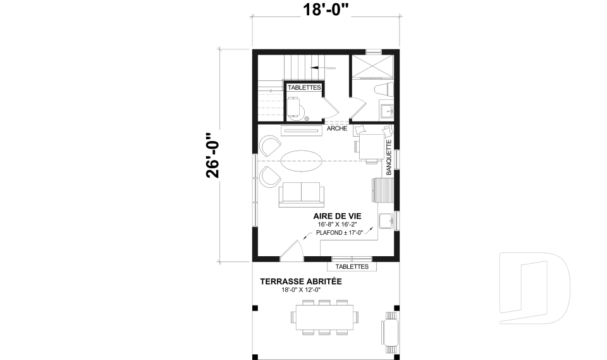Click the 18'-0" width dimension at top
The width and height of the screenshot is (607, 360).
click(326, 9)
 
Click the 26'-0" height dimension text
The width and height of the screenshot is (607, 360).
click(213, 156)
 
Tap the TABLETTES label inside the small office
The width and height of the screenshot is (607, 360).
click(304, 87)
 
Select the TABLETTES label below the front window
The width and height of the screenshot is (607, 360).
click(352, 266)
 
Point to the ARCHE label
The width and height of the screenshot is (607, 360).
click(337, 128)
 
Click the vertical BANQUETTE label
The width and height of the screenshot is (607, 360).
click(389, 158)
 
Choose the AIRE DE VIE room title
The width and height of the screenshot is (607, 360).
click(337, 216)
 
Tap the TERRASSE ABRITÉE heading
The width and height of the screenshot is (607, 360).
click(301, 282)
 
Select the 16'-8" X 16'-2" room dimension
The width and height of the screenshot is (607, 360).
click(337, 225)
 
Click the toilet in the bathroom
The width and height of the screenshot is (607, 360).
click(384, 89)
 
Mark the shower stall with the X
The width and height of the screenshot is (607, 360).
click(372, 66)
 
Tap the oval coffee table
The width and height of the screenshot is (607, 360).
click(301, 161)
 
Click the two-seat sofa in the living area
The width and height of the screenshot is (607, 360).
click(301, 193)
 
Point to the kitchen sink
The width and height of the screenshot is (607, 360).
click(386, 221)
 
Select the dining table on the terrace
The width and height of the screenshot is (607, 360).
click(325, 318)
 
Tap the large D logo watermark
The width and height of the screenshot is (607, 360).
click(534, 288)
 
